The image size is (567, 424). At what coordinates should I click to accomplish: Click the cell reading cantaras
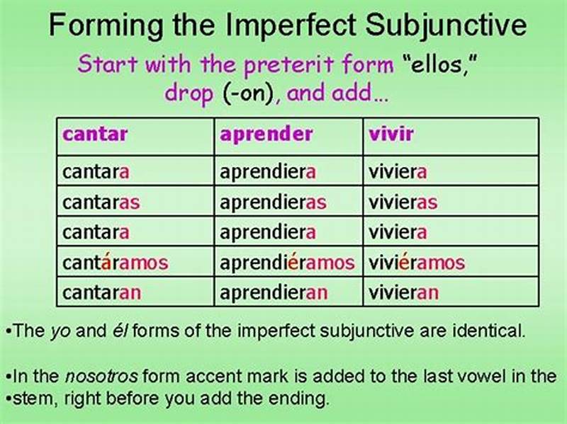(101, 202)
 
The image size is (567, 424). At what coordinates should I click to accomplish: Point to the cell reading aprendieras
(273, 202)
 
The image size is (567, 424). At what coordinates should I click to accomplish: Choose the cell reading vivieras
(403, 202)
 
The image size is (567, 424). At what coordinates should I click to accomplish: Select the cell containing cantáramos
(116, 263)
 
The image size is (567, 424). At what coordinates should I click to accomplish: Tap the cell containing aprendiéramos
(287, 263)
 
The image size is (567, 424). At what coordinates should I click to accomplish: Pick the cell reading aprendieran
(273, 292)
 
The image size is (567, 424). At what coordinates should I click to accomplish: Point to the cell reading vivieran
(403, 292)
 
